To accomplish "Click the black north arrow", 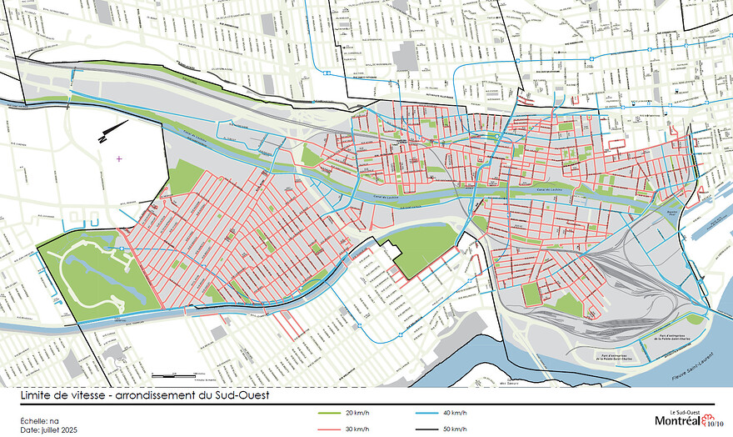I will click(x=113, y=130).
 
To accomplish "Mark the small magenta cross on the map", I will click(x=119, y=158).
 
